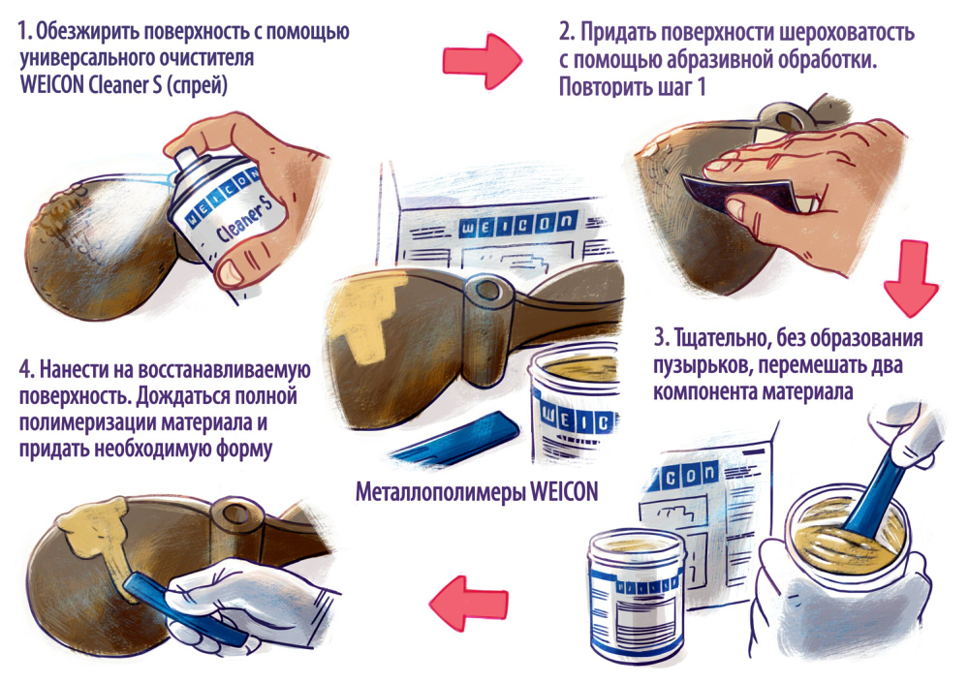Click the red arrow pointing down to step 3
coord(911,278)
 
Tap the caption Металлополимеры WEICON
coord(477,492)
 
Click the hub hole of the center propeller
coord(486,289)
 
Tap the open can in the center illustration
coord(575,407)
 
